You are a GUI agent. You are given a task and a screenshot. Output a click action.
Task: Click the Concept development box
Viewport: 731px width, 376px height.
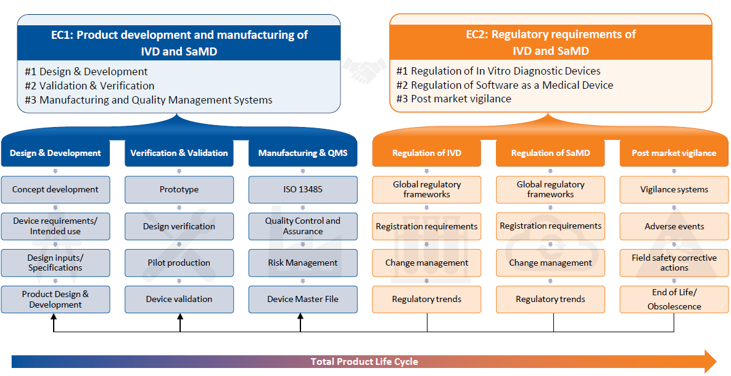click(56, 190)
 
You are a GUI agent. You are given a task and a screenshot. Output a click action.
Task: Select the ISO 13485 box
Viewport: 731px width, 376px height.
click(303, 190)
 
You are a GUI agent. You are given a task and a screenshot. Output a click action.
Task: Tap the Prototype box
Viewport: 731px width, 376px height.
click(179, 190)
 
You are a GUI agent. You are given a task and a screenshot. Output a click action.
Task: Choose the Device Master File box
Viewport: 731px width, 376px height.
click(303, 299)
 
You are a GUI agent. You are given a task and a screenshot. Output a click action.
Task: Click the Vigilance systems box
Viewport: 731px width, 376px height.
click(674, 190)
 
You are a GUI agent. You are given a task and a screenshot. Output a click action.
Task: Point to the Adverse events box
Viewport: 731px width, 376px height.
click(674, 226)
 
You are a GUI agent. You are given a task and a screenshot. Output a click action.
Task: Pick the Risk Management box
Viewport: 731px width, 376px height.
click(303, 263)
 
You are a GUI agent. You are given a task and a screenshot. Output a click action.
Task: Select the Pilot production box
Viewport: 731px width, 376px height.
click(179, 263)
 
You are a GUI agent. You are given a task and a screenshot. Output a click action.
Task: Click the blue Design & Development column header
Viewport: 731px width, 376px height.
click(56, 153)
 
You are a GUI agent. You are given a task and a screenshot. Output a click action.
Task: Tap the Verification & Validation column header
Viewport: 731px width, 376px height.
click(179, 153)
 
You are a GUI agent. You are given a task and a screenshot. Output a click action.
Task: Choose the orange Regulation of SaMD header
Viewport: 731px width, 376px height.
click(551, 153)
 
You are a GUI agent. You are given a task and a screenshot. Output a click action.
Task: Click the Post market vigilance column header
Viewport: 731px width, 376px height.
click(674, 153)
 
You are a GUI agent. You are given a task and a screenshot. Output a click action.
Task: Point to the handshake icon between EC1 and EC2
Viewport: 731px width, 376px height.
click(365, 70)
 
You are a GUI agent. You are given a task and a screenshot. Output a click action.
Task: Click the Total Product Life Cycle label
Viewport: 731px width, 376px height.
click(365, 362)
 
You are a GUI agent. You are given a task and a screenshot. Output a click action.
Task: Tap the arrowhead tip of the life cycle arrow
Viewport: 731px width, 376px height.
click(717, 362)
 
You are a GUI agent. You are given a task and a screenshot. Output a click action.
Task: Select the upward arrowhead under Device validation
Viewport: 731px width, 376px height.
click(180, 316)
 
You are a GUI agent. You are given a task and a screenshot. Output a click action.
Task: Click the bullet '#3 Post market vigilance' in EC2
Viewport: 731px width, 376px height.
click(453, 99)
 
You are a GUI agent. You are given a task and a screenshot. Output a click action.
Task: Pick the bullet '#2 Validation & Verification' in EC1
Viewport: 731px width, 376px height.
click(89, 86)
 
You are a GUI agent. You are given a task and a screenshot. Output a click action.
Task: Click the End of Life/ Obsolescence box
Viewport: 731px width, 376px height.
click(674, 299)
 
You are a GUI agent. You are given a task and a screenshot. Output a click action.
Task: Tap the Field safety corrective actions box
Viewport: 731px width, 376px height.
click(674, 263)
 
